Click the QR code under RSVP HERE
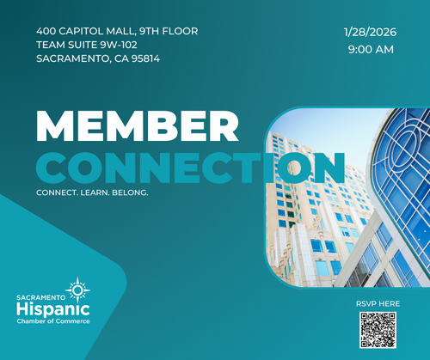(x=378, y=330)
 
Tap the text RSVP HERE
(x=378, y=304)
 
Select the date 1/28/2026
(x=371, y=32)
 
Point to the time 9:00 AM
(x=371, y=50)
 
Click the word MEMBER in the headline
(x=138, y=126)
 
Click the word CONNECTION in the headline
(x=190, y=168)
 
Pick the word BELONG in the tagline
(x=130, y=192)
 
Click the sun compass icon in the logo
(x=77, y=290)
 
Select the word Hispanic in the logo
(x=53, y=309)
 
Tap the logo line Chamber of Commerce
(x=53, y=321)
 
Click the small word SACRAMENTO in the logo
(x=41, y=297)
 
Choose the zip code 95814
(x=145, y=58)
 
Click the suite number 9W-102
(x=119, y=45)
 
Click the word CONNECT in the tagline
(x=57, y=192)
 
